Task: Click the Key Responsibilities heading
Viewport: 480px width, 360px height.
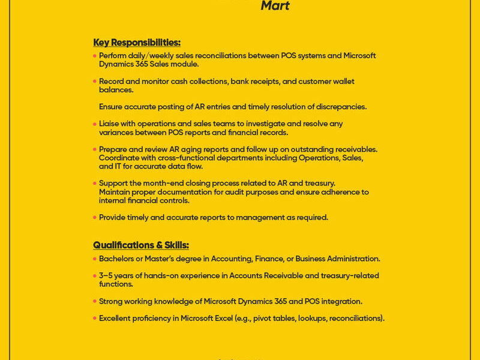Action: (137, 43)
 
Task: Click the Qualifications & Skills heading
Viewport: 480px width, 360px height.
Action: (141, 245)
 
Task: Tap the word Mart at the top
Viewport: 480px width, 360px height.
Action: (275, 6)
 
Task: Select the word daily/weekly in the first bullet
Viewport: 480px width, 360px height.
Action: (151, 56)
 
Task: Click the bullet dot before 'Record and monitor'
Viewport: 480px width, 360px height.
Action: (95, 81)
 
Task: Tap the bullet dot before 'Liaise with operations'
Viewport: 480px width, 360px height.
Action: (95, 124)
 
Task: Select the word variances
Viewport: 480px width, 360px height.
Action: (118, 132)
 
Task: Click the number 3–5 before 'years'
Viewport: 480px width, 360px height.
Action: (107, 276)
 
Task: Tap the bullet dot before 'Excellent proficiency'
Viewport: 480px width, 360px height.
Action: (95, 318)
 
